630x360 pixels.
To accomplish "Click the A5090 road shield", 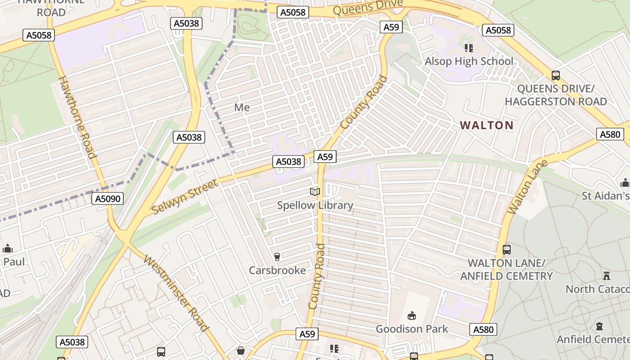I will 108,198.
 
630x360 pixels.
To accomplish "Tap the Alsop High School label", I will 469,61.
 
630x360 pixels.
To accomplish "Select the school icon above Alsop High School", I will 468,48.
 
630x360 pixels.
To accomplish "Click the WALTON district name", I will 486,125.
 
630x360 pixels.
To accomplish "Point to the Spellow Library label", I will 315,206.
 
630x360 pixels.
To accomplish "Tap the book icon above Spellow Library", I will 315,192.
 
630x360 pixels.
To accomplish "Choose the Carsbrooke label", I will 277,270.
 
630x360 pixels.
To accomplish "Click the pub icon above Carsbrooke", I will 277,257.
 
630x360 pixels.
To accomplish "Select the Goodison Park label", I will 412,329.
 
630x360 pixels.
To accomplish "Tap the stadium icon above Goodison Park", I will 411,316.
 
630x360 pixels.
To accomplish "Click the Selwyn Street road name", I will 184,197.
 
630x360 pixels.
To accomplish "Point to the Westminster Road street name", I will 176,293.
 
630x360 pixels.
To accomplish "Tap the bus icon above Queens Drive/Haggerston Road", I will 556,76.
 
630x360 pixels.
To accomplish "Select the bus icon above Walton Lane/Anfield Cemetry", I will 507,249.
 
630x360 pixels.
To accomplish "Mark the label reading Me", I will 242,108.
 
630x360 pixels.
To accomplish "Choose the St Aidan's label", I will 605,196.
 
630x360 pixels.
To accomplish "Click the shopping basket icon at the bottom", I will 241,351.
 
